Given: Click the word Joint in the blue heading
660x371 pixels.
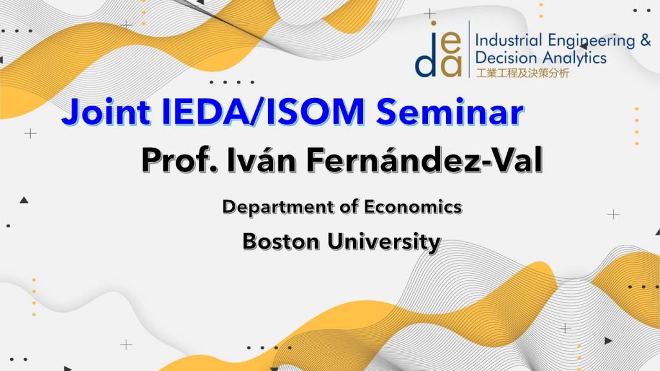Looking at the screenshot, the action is [x=106, y=111].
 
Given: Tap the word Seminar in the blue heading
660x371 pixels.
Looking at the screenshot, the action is [x=450, y=111].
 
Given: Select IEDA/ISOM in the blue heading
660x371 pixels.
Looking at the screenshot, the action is [x=264, y=111].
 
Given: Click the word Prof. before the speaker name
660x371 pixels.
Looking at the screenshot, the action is [x=180, y=160].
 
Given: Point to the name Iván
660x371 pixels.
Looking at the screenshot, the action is [x=262, y=160].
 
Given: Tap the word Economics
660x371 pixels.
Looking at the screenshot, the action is [x=413, y=207].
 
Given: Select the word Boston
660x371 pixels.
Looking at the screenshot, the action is [x=281, y=242].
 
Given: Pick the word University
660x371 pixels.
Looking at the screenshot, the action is [x=384, y=243].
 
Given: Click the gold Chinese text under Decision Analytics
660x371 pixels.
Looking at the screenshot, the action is [x=522, y=73].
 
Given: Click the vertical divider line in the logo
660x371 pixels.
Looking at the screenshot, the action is [x=469, y=49].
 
